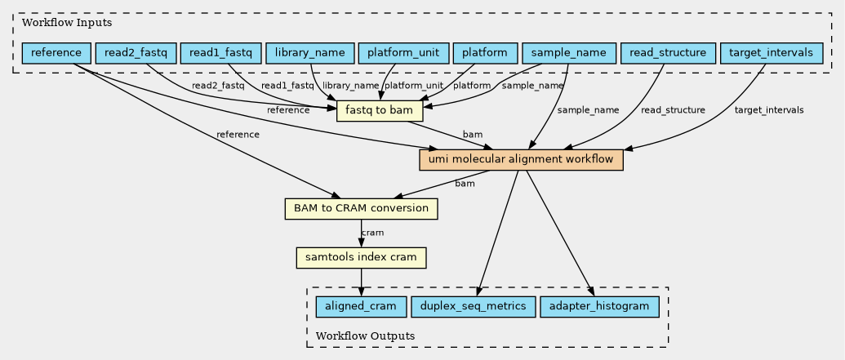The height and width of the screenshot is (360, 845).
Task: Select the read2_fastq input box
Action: [x=136, y=54]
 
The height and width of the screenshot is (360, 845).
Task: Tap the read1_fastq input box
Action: [x=220, y=54]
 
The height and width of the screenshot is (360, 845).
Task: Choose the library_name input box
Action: [x=310, y=54]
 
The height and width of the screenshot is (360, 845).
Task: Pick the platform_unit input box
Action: [x=403, y=54]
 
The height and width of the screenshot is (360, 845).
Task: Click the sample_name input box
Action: [x=568, y=54]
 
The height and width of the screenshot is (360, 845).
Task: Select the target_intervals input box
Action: [x=771, y=54]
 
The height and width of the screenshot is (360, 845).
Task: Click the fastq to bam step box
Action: [x=380, y=111]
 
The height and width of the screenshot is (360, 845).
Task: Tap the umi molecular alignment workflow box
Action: [x=521, y=159]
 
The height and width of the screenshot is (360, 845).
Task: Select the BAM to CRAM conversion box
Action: [x=361, y=208]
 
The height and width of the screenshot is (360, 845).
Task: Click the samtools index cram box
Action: [x=361, y=258]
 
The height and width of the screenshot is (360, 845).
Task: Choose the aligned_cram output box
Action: [x=361, y=307]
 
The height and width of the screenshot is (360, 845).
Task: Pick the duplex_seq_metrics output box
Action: [x=474, y=307]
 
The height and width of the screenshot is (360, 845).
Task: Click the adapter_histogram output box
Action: [x=599, y=307]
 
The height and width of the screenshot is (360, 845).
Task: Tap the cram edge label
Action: [x=372, y=233]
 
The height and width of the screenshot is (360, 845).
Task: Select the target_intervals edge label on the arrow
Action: [x=768, y=110]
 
